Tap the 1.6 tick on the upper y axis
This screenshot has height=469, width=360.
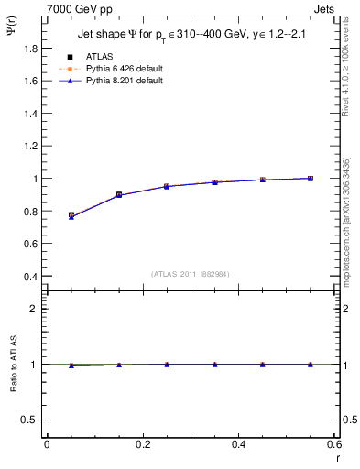(x=29, y=81)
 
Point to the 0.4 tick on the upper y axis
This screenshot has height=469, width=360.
(x=29, y=277)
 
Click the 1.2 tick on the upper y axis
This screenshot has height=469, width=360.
(x=29, y=146)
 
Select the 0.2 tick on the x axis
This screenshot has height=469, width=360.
(x=142, y=444)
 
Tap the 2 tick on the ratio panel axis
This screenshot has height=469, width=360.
(x=33, y=309)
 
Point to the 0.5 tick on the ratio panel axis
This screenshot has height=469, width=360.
(x=29, y=420)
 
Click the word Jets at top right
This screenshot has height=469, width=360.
(x=326, y=8)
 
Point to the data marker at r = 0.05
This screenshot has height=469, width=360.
(x=71, y=215)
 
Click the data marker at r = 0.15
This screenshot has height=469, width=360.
(x=119, y=195)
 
